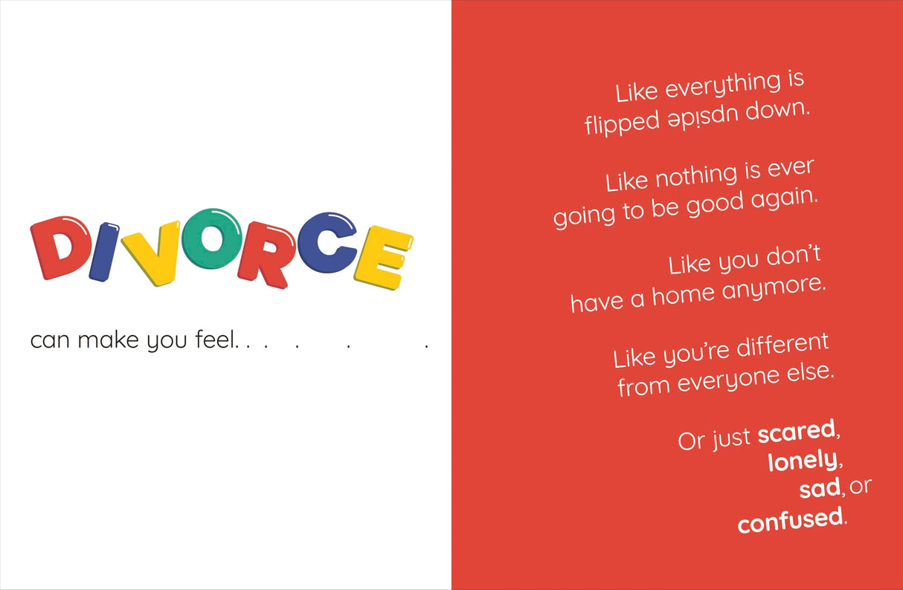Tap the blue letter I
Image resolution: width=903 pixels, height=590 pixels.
pos(104,252)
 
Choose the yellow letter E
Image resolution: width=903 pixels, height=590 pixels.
pos(384,257)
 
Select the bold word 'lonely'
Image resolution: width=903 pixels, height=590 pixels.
pos(803,461)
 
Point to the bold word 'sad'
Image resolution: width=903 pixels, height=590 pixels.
pos(820,488)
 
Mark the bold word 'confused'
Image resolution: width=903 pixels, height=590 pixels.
pos(790,519)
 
